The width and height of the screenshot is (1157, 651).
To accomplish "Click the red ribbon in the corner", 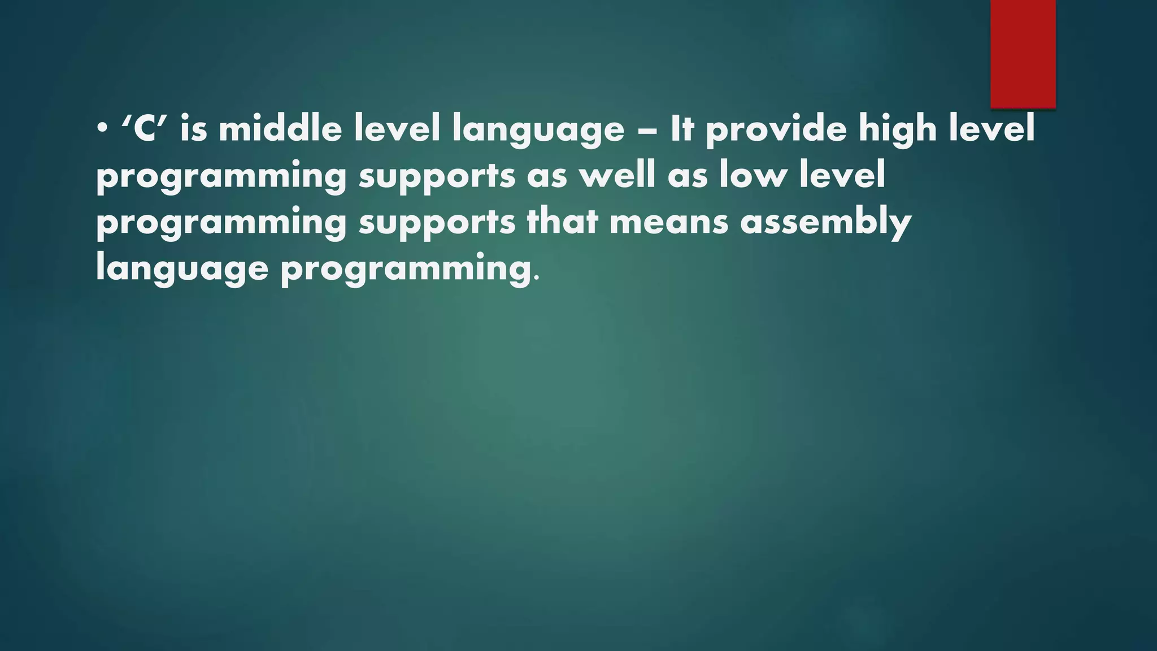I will point(1023,54).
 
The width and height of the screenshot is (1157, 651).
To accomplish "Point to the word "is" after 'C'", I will point(194,129).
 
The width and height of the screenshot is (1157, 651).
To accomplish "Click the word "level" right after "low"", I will point(842,175).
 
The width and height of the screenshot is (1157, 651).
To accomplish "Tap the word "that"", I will point(562,222).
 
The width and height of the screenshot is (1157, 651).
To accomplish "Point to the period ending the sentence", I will point(536,279).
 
